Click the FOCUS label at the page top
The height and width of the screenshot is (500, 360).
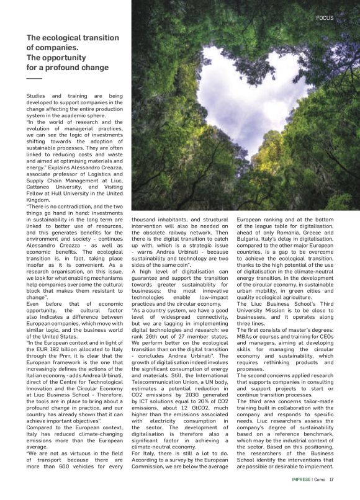pyautogui.click(x=325, y=18)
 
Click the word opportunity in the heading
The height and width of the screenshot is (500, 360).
pyautogui.click(x=60, y=57)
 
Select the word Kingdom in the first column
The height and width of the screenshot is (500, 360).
pyautogui.click(x=38, y=200)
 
